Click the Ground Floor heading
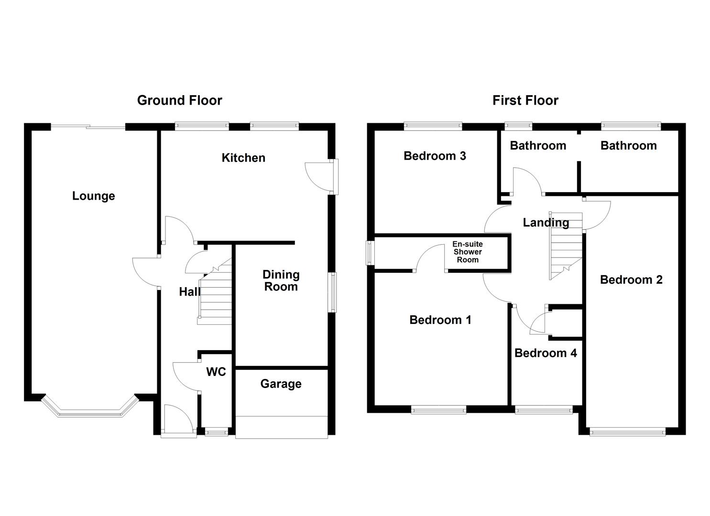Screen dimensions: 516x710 179,100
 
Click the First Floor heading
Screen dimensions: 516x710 525,100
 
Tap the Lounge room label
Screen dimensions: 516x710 93,196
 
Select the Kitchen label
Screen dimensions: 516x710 243,158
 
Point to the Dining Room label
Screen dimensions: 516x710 281,280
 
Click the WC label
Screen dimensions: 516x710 216,372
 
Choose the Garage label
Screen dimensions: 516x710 281,384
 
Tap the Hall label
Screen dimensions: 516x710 189,291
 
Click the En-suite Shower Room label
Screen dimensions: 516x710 467,252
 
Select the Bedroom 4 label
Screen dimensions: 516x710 545,353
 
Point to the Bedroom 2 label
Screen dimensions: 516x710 631,279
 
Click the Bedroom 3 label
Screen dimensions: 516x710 434,156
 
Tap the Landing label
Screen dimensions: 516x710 545,223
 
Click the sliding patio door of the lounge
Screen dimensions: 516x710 87,127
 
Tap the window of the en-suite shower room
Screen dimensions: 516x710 370,252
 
